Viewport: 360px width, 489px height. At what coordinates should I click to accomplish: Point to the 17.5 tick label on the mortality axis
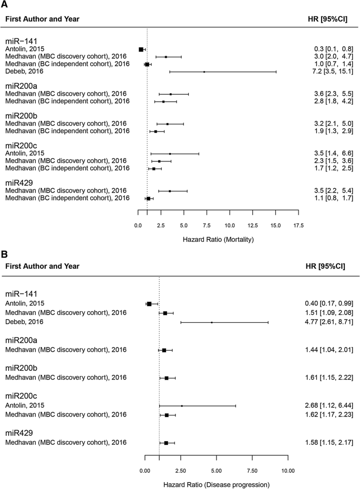coord(298,226)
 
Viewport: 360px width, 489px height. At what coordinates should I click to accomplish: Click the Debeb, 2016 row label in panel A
coord(24,71)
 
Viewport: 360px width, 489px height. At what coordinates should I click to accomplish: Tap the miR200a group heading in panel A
coord(22,85)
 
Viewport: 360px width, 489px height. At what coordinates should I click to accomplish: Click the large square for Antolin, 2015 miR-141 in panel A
coord(141,49)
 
